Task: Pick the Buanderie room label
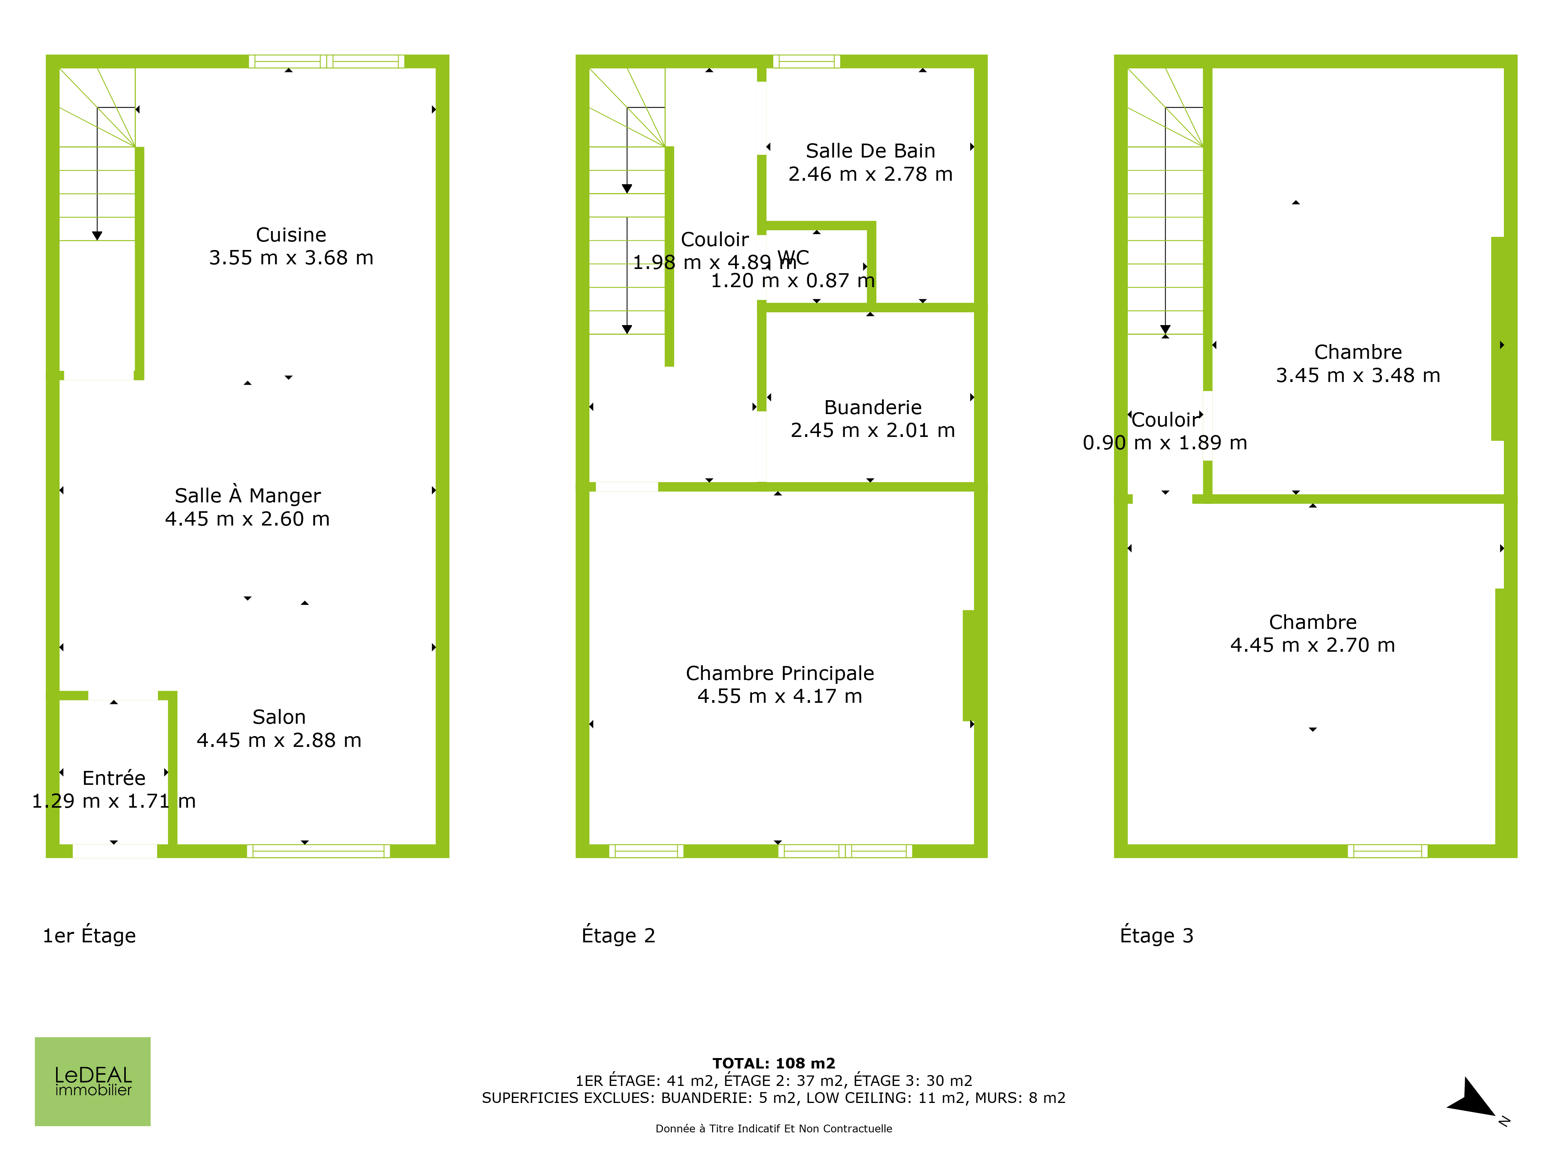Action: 873,407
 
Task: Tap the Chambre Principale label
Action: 779,673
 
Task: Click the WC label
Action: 794,258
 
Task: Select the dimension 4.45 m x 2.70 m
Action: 1313,645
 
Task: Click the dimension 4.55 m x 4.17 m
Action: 779,696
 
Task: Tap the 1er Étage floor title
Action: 89,936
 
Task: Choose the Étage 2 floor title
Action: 619,936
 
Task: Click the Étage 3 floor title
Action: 1157,936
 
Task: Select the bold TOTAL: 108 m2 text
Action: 774,1064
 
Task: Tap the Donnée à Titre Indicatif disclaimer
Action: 774,1128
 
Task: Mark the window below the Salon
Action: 319,851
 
